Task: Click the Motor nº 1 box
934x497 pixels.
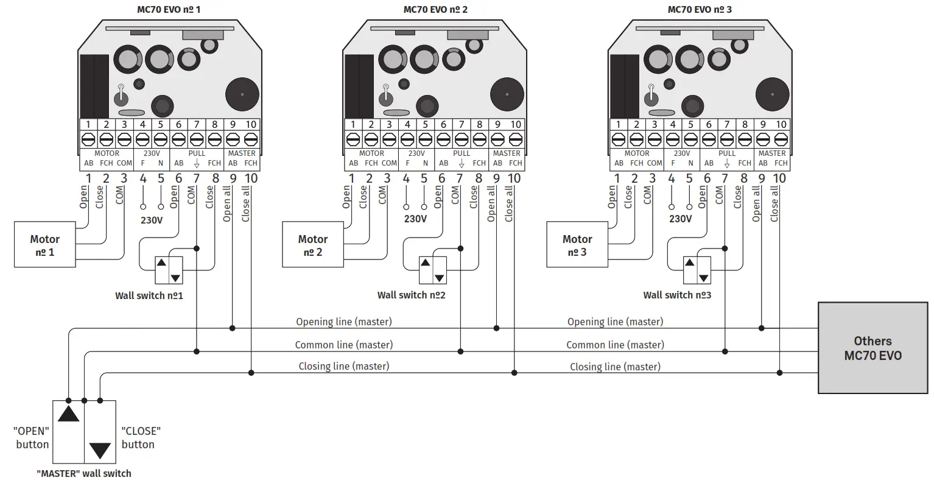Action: (45, 245)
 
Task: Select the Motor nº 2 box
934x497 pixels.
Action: (313, 245)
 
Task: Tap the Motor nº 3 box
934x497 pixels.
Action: (577, 245)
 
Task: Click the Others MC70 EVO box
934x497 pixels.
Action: (873, 348)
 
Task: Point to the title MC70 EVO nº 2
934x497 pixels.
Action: (435, 9)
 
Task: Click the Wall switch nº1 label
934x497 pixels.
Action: (149, 295)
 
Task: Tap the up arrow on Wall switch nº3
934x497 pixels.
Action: (689, 263)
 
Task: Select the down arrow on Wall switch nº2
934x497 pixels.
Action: (439, 278)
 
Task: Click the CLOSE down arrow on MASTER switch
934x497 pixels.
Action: (100, 450)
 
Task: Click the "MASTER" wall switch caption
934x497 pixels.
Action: (84, 473)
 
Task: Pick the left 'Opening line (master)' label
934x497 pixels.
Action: (344, 322)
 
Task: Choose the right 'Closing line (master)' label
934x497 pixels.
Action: (615, 367)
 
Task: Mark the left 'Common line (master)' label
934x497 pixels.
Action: (344, 345)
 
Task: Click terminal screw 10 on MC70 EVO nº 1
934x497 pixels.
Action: (251, 139)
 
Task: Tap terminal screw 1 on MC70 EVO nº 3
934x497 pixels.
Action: (618, 139)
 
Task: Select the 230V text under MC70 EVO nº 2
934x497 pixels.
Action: (415, 219)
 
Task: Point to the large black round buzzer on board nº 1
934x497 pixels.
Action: (242, 94)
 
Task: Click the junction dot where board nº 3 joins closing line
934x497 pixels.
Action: (779, 373)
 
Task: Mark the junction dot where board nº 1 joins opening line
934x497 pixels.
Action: (233, 328)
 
